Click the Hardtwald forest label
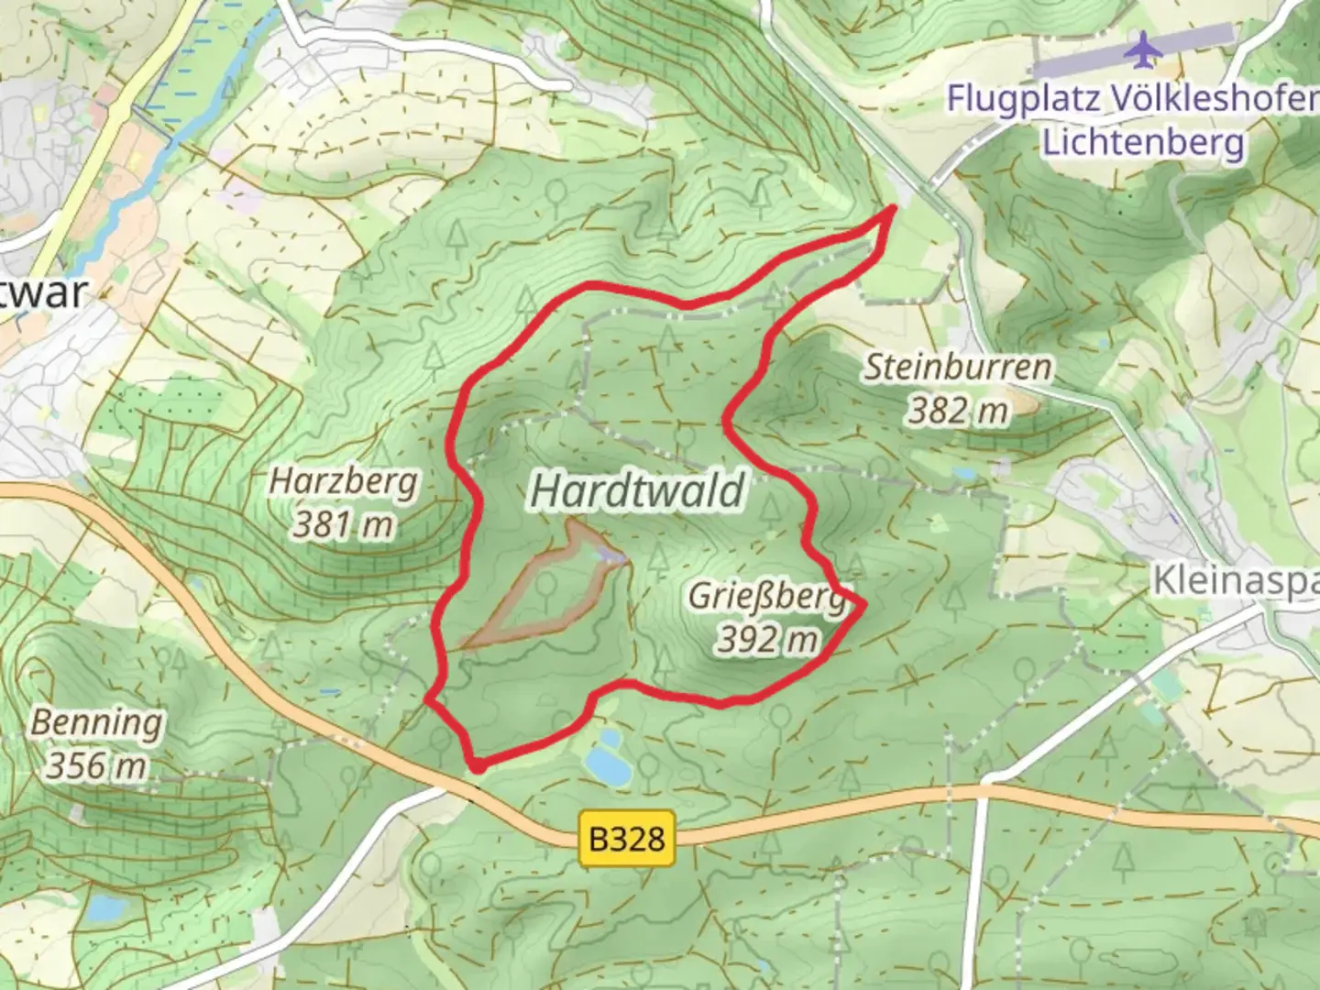pos(638,490)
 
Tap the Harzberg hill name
pos(344,480)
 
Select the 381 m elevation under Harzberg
pos(344,525)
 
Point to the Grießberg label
pos(766,596)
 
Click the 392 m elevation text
pos(766,639)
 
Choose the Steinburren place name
pos(959,368)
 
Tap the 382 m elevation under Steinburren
pos(959,412)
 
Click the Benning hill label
pos(96,722)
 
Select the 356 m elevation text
pos(96,765)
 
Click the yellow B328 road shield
pos(627,838)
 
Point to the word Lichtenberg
pos(1144,142)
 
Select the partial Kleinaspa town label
pos(1234,580)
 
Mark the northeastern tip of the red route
pos(893,209)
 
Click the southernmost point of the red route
pos(476,765)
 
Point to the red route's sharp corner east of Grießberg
pos(863,603)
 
